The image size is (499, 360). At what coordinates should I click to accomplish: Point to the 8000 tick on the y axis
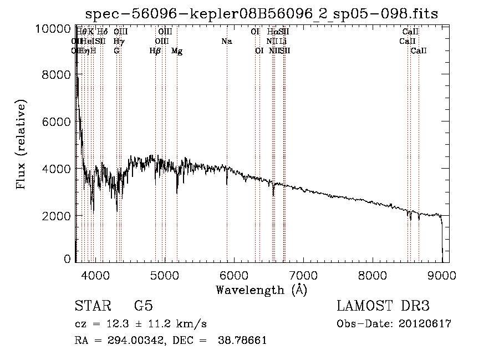[x=58, y=75]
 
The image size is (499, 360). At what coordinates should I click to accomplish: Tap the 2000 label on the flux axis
[x=58, y=215]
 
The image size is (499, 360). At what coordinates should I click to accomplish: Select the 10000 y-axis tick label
[x=55, y=28]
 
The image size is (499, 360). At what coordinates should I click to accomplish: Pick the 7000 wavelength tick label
[x=303, y=273]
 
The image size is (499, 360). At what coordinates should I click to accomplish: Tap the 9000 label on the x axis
[x=442, y=273]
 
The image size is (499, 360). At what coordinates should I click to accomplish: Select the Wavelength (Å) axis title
[x=261, y=290]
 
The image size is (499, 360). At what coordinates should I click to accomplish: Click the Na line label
[x=226, y=42]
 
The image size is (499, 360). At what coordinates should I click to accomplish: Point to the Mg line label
[x=177, y=51]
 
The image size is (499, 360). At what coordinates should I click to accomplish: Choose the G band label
[x=116, y=51]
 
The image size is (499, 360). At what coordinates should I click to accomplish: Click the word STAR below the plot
[x=92, y=306]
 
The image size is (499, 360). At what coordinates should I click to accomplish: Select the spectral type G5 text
[x=143, y=306]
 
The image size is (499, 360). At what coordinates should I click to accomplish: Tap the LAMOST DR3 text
[x=383, y=306]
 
